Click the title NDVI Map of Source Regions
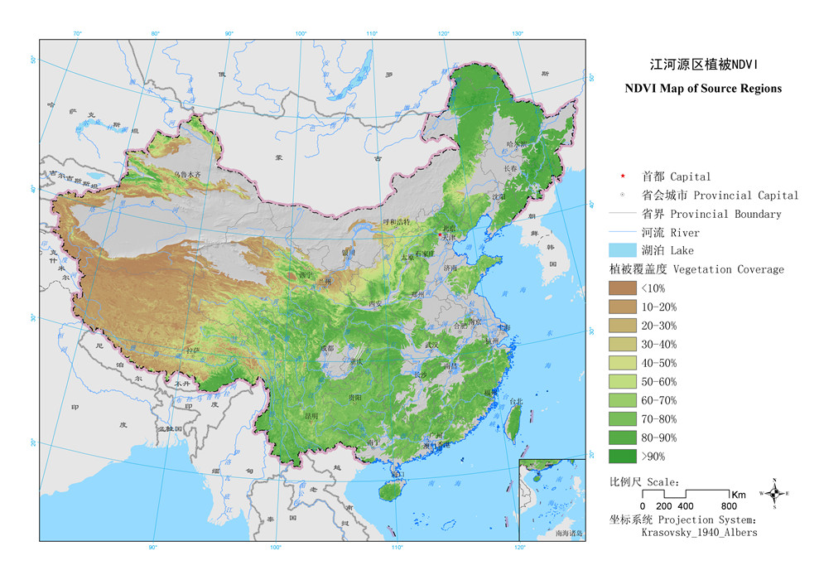(703, 89)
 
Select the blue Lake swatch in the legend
(621, 250)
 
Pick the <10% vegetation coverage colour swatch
(621, 288)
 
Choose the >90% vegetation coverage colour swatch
(621, 456)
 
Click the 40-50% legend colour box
(621, 363)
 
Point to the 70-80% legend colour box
(621, 418)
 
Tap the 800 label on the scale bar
(729, 506)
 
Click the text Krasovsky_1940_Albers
(699, 533)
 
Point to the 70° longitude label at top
(78, 33)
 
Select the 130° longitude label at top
(518, 33)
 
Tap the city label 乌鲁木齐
(188, 175)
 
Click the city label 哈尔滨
(516, 143)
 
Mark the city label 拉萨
(193, 351)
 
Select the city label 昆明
(311, 415)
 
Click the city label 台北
(515, 402)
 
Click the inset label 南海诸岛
(569, 534)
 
